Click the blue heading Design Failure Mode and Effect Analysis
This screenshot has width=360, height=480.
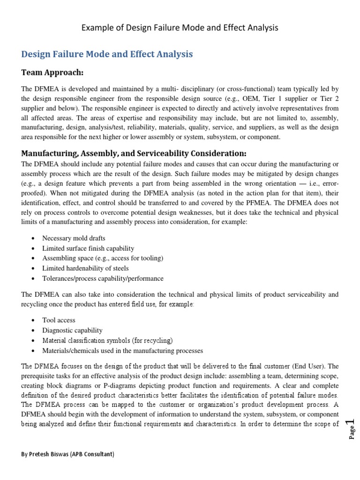tap(107, 54)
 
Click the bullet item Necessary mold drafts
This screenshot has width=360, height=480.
tap(74, 238)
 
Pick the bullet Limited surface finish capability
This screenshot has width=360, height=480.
tap(88, 248)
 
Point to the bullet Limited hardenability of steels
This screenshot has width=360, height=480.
tap(85, 268)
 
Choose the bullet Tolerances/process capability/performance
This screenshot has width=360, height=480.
tap(103, 278)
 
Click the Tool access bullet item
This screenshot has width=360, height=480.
tap(59, 320)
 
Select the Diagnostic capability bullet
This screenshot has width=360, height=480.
tap(72, 330)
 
